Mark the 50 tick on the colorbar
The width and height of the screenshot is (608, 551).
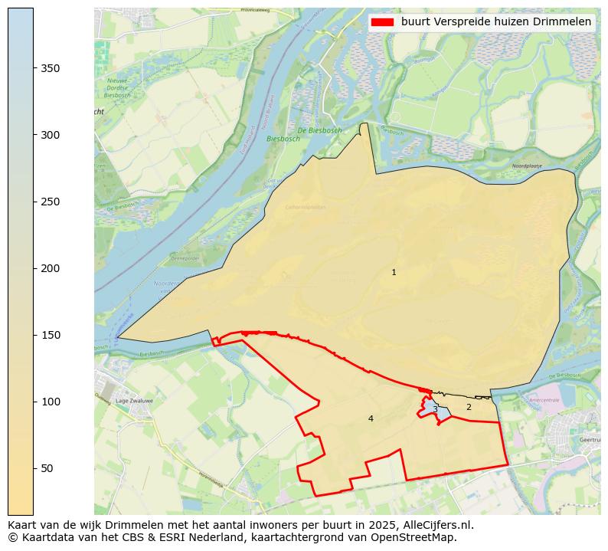pos(47,468)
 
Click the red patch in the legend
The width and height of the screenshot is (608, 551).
pos(382,22)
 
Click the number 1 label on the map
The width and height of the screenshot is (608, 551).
pos(394,273)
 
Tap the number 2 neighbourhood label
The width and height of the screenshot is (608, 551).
pos(469,408)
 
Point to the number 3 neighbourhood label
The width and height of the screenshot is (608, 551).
pos(435,409)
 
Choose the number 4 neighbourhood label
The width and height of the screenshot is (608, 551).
pos(371,419)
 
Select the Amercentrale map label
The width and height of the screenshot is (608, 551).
pos(544,400)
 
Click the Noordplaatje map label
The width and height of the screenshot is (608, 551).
pos(526,166)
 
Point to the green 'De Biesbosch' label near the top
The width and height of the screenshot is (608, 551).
pos(319,131)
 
